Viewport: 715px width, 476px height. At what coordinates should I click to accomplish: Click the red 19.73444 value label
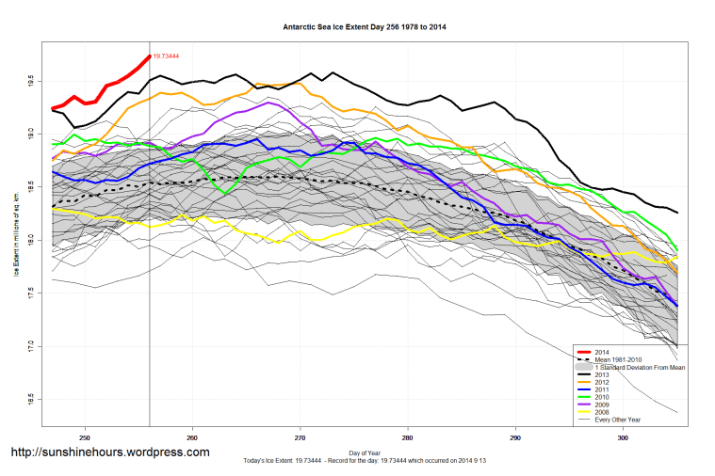click(x=166, y=56)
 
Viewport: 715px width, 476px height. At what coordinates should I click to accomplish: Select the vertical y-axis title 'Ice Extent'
click(x=17, y=240)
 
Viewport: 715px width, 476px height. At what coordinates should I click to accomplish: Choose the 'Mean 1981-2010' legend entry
click(x=622, y=358)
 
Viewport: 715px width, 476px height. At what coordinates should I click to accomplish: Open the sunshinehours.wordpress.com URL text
click(x=109, y=452)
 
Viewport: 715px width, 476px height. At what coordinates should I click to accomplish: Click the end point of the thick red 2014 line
click(x=150, y=56)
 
